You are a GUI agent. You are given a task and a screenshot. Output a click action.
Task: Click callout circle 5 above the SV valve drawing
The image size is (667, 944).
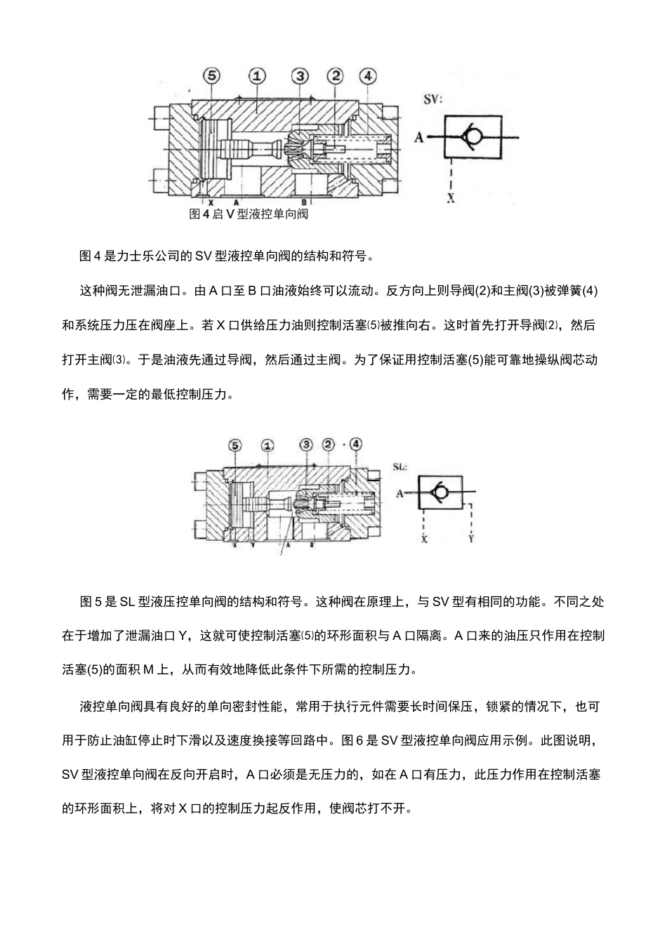(211, 76)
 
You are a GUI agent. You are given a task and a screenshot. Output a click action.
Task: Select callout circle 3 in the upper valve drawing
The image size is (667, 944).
(300, 76)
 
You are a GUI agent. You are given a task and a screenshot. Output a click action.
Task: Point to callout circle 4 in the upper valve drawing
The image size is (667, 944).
(366, 76)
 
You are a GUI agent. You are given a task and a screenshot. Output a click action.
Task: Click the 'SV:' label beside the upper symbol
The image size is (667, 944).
(432, 99)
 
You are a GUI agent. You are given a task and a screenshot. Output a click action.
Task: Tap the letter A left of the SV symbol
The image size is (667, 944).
(419, 138)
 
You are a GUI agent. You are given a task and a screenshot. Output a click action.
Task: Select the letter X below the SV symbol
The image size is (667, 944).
(451, 199)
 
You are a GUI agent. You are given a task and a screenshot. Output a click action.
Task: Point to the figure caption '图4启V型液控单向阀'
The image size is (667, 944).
(249, 214)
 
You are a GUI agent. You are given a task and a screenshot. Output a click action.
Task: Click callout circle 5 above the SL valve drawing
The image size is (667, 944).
(235, 445)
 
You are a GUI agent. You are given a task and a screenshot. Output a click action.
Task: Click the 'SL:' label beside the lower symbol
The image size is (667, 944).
(401, 466)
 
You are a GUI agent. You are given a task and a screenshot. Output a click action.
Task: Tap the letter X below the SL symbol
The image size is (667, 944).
(424, 539)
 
